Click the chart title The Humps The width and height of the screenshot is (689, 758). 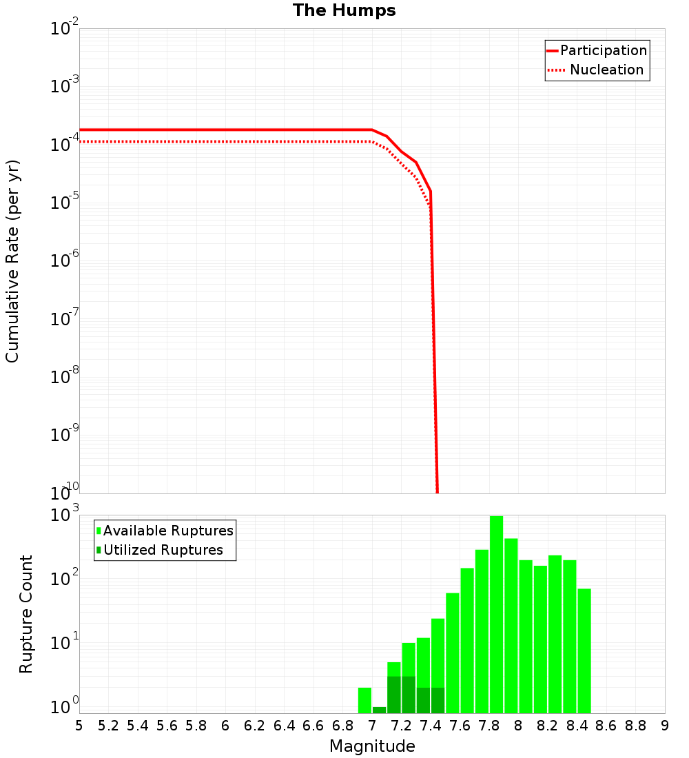344,10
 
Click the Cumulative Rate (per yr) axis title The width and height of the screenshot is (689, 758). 13,261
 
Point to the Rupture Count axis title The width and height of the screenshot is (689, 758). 26,614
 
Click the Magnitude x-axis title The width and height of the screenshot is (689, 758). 372,746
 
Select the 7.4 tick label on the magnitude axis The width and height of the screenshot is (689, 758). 430,726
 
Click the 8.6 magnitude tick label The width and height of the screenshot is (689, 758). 606,726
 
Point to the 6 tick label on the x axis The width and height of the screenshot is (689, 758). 225,726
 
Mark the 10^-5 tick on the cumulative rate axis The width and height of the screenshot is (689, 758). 65,203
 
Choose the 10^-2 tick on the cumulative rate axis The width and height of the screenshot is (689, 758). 65,29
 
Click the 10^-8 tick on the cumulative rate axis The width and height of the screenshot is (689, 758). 65,377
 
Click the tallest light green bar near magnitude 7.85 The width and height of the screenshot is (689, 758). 496,613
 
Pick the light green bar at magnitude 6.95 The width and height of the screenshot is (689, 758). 364,700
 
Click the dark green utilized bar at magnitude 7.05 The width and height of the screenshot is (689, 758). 379,710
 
